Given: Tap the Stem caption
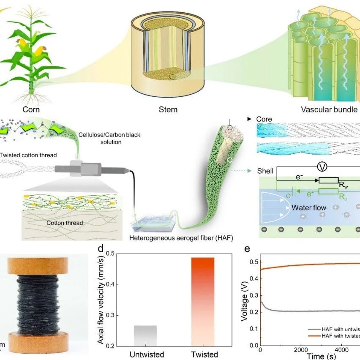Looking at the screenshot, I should coord(168,109).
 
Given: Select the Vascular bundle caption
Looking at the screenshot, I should coord(329,109).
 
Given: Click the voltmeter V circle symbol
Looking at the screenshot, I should coord(323,167).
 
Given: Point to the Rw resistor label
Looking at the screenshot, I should coord(343,185).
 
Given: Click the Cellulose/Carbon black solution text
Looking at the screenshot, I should coord(109,138).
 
